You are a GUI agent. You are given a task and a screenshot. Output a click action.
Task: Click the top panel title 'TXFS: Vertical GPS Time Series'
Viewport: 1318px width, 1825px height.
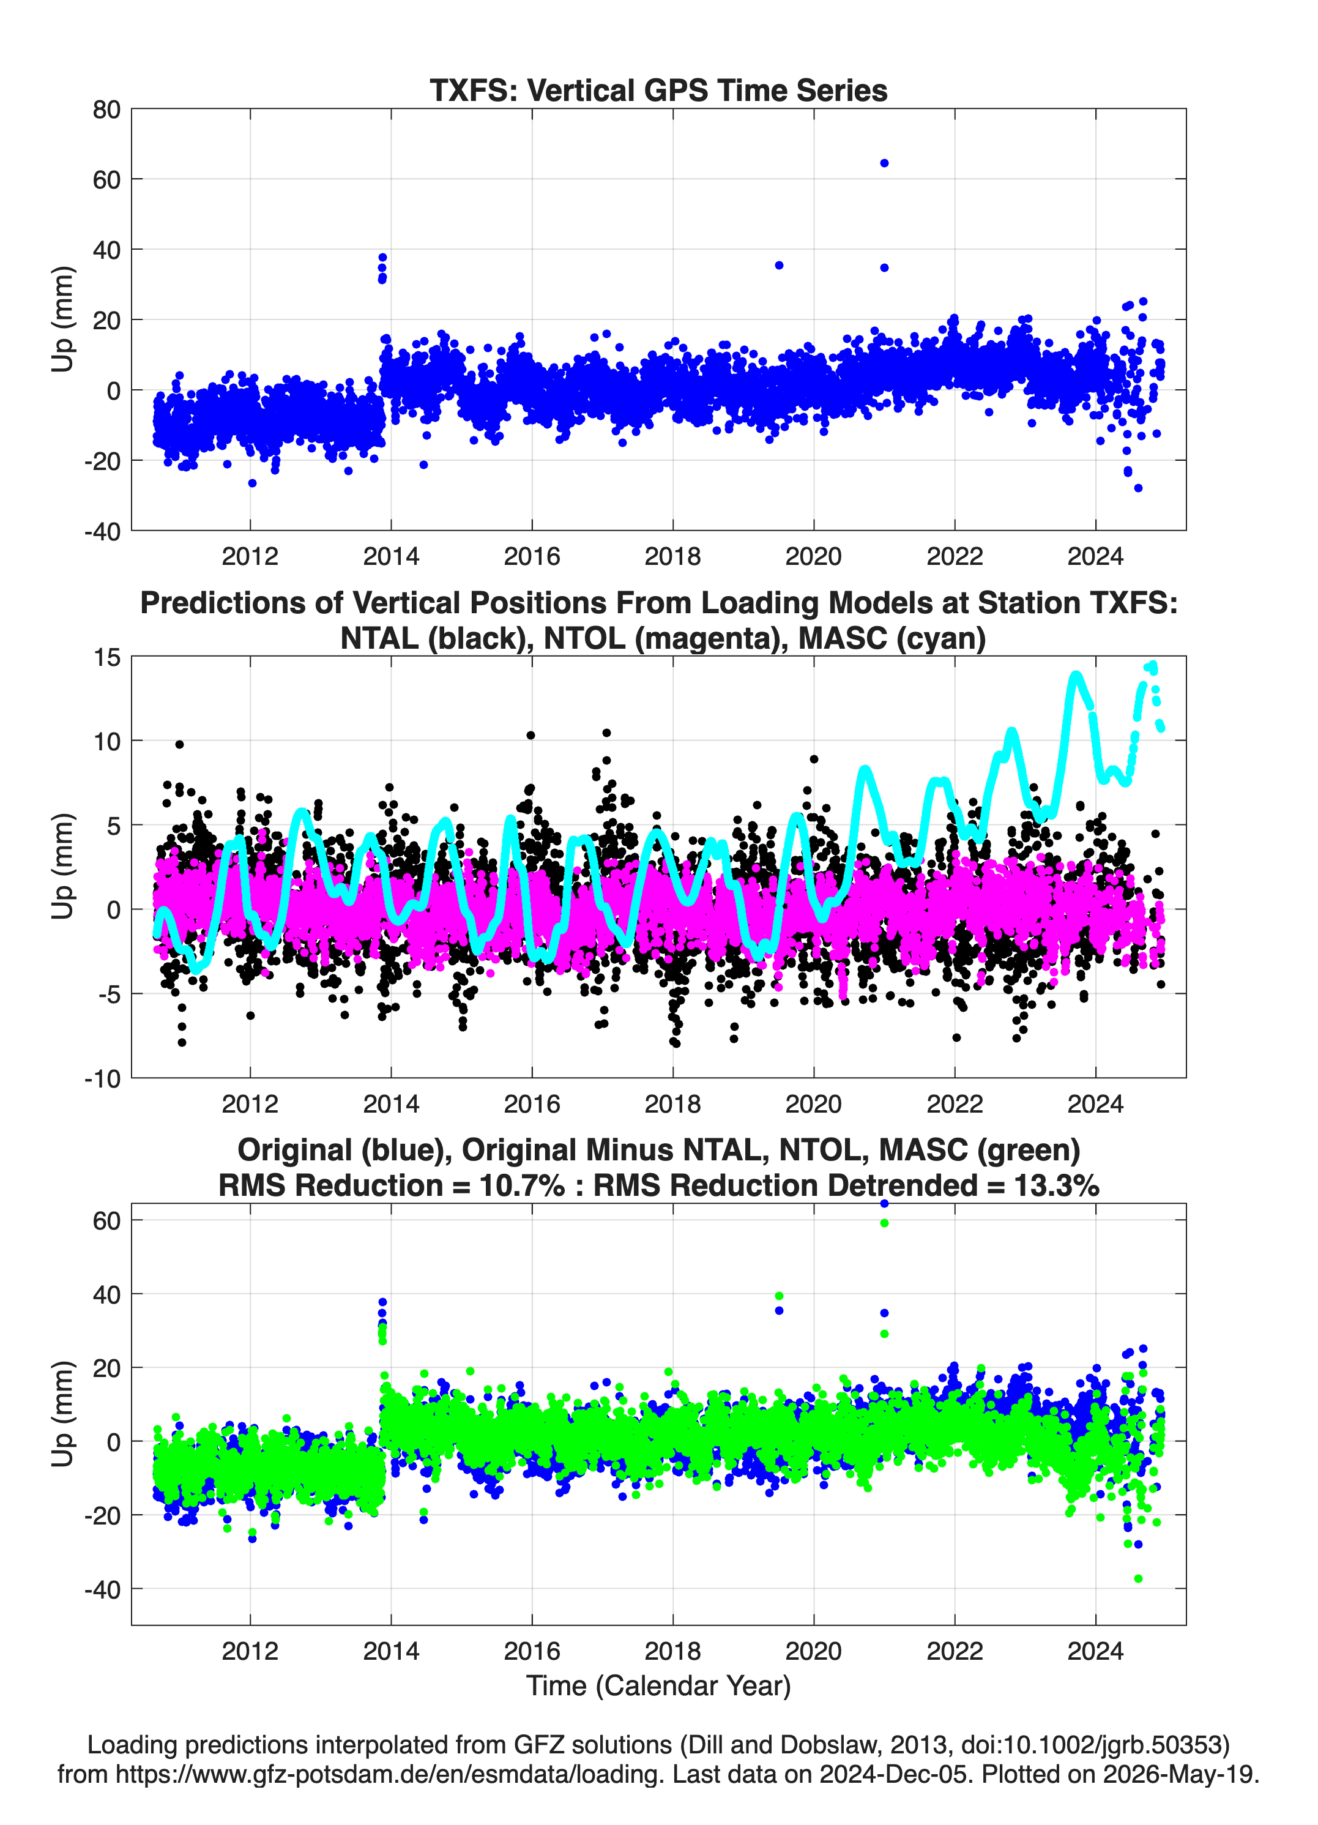[658, 90]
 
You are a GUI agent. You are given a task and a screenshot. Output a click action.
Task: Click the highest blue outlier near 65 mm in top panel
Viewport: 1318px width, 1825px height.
[884, 163]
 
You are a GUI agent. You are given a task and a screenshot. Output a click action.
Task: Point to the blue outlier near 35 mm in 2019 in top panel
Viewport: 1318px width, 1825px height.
[779, 266]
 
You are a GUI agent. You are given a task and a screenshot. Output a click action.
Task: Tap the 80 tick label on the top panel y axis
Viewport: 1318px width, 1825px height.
[106, 110]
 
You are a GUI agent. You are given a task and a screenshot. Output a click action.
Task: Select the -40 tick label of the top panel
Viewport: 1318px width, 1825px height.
[102, 532]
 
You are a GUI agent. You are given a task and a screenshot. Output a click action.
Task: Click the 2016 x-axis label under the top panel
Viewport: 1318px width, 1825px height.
[532, 556]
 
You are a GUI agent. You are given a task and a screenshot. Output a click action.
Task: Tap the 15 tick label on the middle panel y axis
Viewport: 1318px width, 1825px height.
[107, 657]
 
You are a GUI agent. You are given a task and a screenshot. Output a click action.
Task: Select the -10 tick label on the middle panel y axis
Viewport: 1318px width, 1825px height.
[102, 1079]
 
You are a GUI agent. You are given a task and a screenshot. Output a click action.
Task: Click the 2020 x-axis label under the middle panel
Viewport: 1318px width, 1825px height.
[813, 1103]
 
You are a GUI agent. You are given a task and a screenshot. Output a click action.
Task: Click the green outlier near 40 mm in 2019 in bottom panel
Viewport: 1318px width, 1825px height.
[779, 1296]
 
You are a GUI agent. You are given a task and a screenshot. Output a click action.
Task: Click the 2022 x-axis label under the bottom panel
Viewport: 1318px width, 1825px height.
[955, 1651]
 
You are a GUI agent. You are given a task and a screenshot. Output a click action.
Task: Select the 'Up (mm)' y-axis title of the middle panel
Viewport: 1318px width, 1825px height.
[63, 867]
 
